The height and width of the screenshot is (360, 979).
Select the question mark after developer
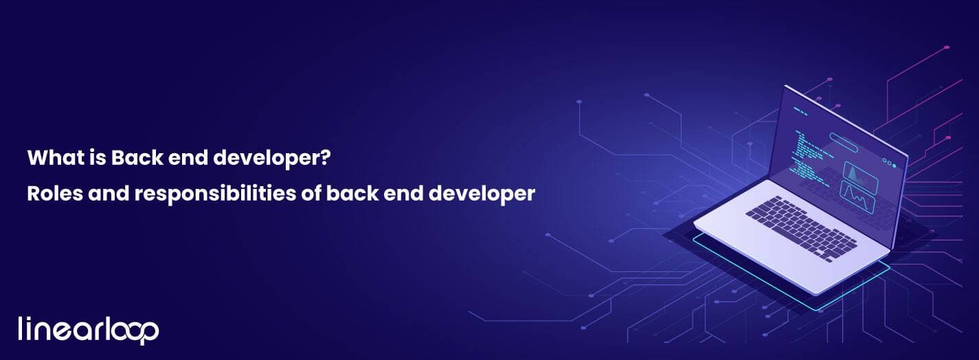click(x=327, y=159)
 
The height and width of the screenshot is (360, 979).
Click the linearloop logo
click(x=88, y=330)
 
